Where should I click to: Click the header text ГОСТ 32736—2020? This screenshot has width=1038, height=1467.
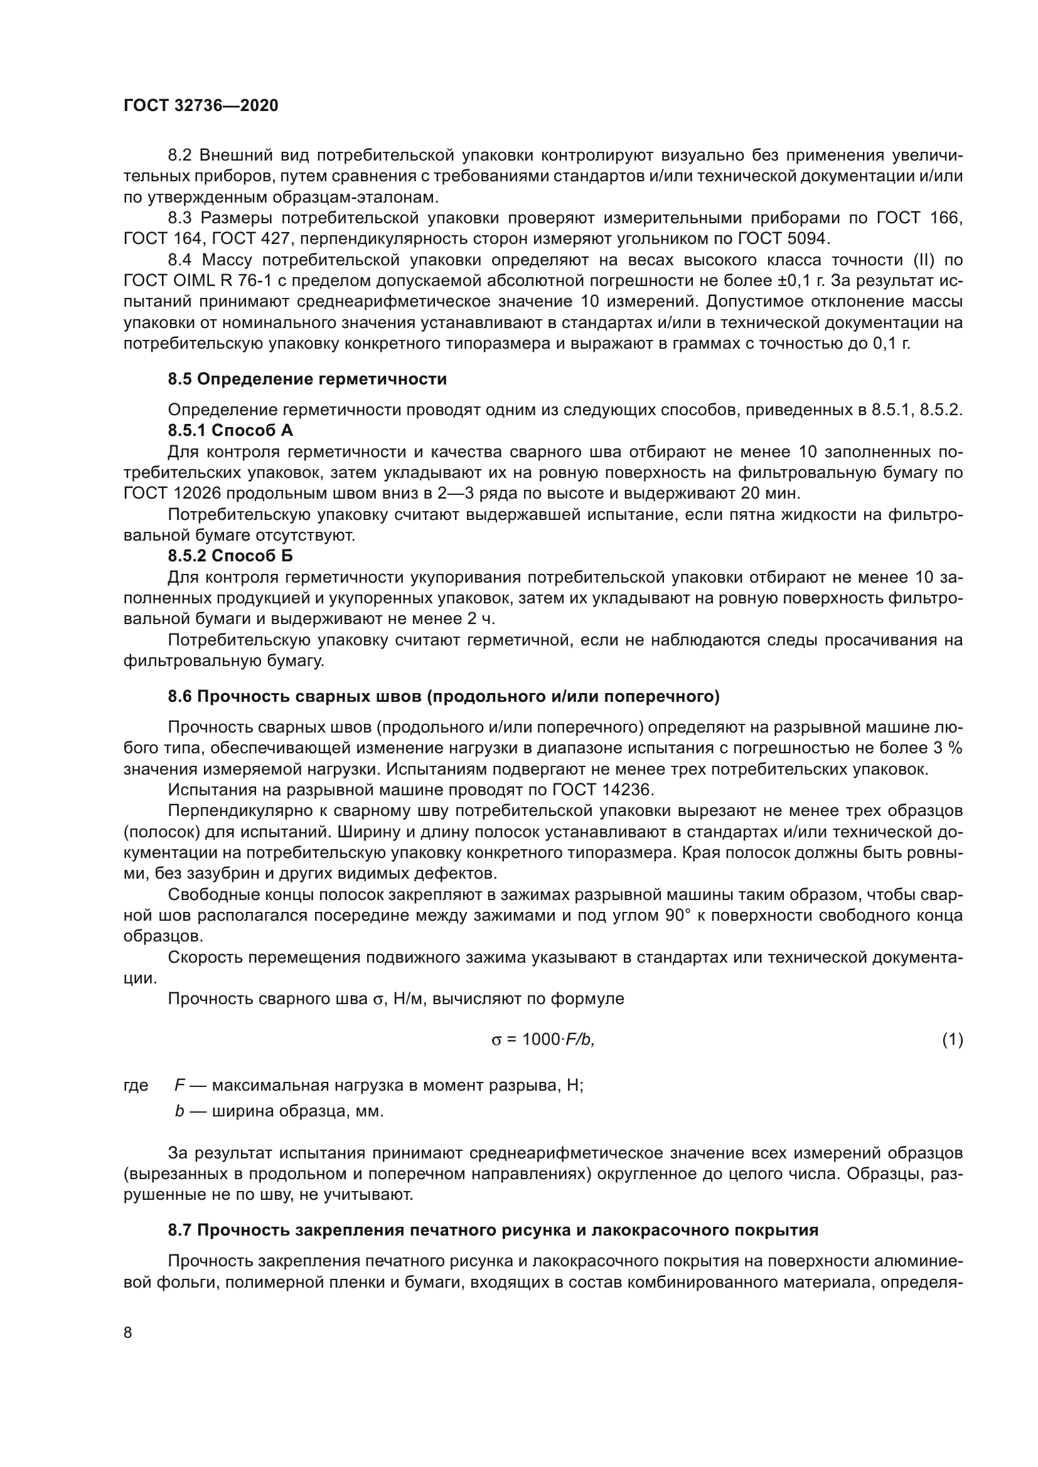click(x=201, y=106)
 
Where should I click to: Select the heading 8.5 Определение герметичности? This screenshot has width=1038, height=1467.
click(x=307, y=379)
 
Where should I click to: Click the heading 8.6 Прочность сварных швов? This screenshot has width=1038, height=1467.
click(x=443, y=696)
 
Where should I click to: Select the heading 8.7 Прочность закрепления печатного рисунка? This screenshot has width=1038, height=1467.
click(x=493, y=1230)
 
